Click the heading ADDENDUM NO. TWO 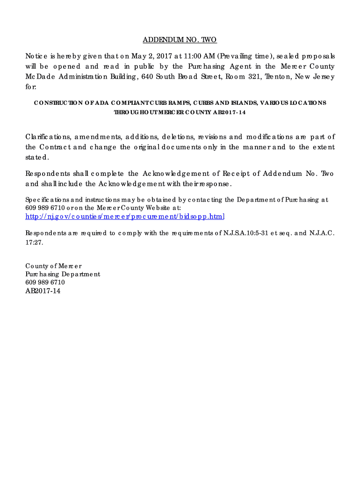click(x=180, y=40)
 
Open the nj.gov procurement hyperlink click(x=125, y=216)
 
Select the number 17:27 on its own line click(x=34, y=242)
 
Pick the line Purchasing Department click(x=63, y=274)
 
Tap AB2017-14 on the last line click(x=43, y=291)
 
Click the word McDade click(x=36, y=77)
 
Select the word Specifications click(x=46, y=200)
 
